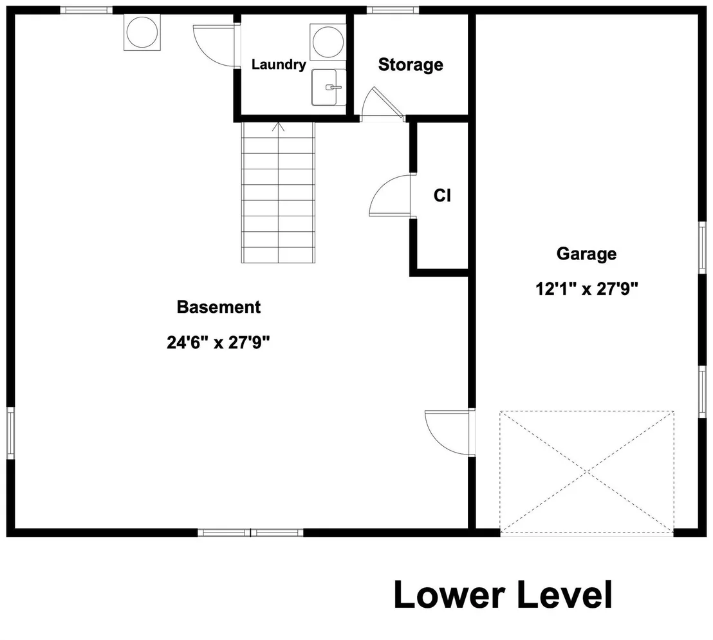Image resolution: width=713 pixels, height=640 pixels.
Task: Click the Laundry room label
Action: pyautogui.click(x=279, y=64)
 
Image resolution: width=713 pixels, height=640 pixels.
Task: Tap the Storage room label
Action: pyautogui.click(x=411, y=64)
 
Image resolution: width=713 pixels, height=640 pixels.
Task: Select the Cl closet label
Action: pyautogui.click(x=442, y=195)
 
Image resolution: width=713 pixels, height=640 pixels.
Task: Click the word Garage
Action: pyautogui.click(x=586, y=254)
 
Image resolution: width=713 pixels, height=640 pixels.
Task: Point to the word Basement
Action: pyautogui.click(x=219, y=307)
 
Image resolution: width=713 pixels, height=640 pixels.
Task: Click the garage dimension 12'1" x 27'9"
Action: pyautogui.click(x=587, y=288)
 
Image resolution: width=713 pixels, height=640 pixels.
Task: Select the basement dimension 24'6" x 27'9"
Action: pyautogui.click(x=218, y=342)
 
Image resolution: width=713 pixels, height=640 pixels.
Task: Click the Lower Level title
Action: pyautogui.click(x=503, y=594)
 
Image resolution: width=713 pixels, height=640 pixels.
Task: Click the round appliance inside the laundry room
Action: pyautogui.click(x=328, y=42)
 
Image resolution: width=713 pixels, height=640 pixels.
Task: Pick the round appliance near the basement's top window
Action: pyautogui.click(x=142, y=32)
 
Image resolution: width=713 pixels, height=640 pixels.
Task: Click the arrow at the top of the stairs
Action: pyautogui.click(x=278, y=127)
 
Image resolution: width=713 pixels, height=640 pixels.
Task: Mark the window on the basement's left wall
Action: pyautogui.click(x=10, y=433)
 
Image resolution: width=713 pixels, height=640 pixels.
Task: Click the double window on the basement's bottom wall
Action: pyautogui.click(x=250, y=532)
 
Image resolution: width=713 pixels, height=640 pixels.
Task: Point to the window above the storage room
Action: pyautogui.click(x=393, y=10)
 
